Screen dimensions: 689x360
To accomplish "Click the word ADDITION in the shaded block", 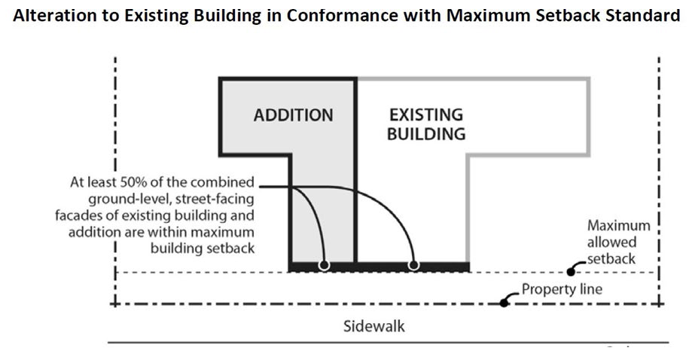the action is pos(293,116).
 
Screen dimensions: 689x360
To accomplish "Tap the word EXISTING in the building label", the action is pos(425,116).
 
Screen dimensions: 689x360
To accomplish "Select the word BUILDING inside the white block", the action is pos(425,135).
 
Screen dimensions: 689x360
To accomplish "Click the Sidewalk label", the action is pos(373,327).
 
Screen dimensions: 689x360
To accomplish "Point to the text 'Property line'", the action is pos(562,289).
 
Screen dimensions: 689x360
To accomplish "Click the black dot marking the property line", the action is pos(503,304).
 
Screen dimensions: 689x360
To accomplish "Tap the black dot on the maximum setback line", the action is pos(572,272).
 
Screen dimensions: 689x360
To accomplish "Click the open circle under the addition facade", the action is pos(323,265).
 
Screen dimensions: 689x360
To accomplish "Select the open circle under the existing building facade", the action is pos(413,265).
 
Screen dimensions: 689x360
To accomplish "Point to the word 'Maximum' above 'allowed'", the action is pos(618,226).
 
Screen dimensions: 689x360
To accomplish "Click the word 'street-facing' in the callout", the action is pos(218,200).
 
